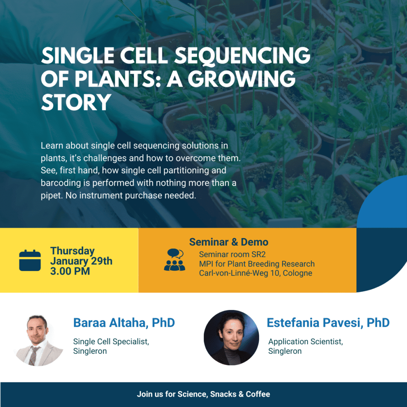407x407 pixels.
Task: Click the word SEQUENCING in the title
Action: pos(242,56)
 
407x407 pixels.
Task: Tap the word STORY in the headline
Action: pos(76,103)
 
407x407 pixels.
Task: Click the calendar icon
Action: pos(30,260)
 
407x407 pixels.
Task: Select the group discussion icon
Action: pos(174,260)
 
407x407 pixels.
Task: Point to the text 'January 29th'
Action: pos(81,261)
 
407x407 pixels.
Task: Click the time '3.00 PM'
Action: pos(70,271)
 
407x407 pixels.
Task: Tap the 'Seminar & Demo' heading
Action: pos(229,242)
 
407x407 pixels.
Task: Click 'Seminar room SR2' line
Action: pos(232,254)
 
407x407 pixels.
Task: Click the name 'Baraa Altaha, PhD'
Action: pos(124,323)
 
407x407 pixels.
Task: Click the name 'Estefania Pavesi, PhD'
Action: pos(328,323)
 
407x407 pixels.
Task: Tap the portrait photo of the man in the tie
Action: pos(39,340)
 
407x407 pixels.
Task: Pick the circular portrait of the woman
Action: pos(231,337)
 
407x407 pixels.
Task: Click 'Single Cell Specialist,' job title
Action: pos(111,341)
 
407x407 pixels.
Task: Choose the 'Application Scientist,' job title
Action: pos(306,341)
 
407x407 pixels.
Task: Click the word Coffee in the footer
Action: pos(258,394)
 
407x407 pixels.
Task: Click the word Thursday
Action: pos(72,251)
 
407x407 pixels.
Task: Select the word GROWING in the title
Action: pos(241,79)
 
